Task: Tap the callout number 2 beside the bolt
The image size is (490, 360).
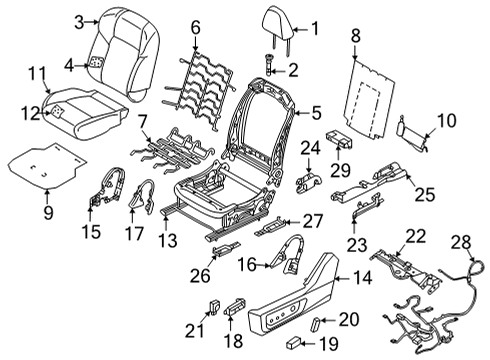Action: (293, 69)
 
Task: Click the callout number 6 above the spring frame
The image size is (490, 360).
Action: (196, 28)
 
